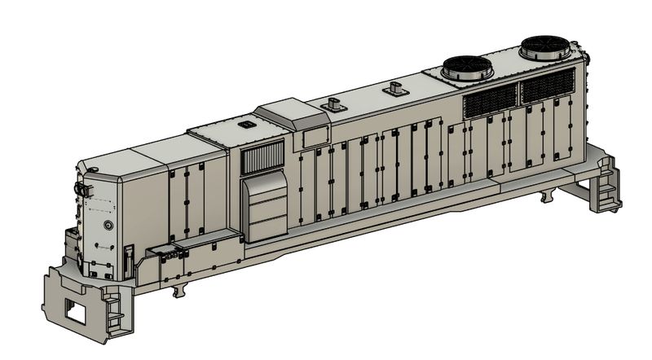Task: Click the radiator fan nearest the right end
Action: (544, 47)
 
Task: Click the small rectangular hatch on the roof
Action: (245, 125)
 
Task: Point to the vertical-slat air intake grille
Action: (262, 156)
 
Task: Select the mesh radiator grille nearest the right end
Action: (547, 85)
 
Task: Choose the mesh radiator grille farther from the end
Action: (489, 100)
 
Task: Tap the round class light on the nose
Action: (108, 225)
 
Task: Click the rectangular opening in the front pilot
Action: (79, 310)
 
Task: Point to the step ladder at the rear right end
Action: (606, 192)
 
